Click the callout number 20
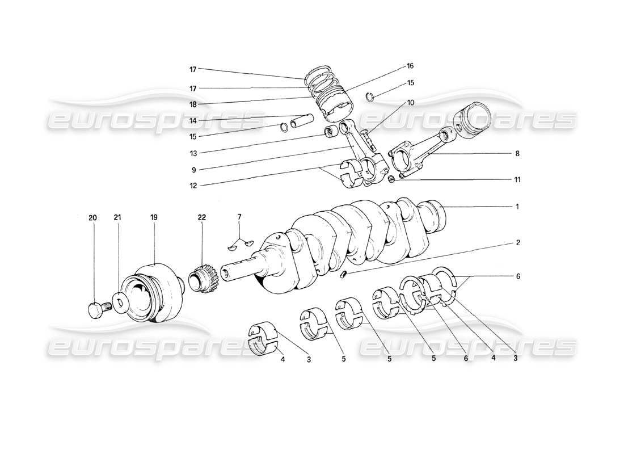[x=92, y=217]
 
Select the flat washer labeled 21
[x=120, y=302]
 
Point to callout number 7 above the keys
[x=239, y=217]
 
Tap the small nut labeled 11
[x=391, y=180]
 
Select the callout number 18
[x=193, y=105]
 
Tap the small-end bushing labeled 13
[x=328, y=133]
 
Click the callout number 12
[x=193, y=184]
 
